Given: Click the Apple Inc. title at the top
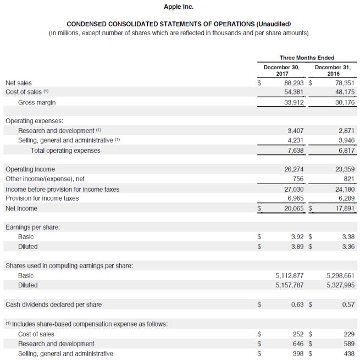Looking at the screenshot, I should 179,7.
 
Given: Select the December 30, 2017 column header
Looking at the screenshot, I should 281,70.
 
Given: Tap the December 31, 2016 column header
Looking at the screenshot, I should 333,70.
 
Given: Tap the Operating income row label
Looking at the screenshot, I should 30,169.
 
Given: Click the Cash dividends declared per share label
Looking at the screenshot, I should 53,304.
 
